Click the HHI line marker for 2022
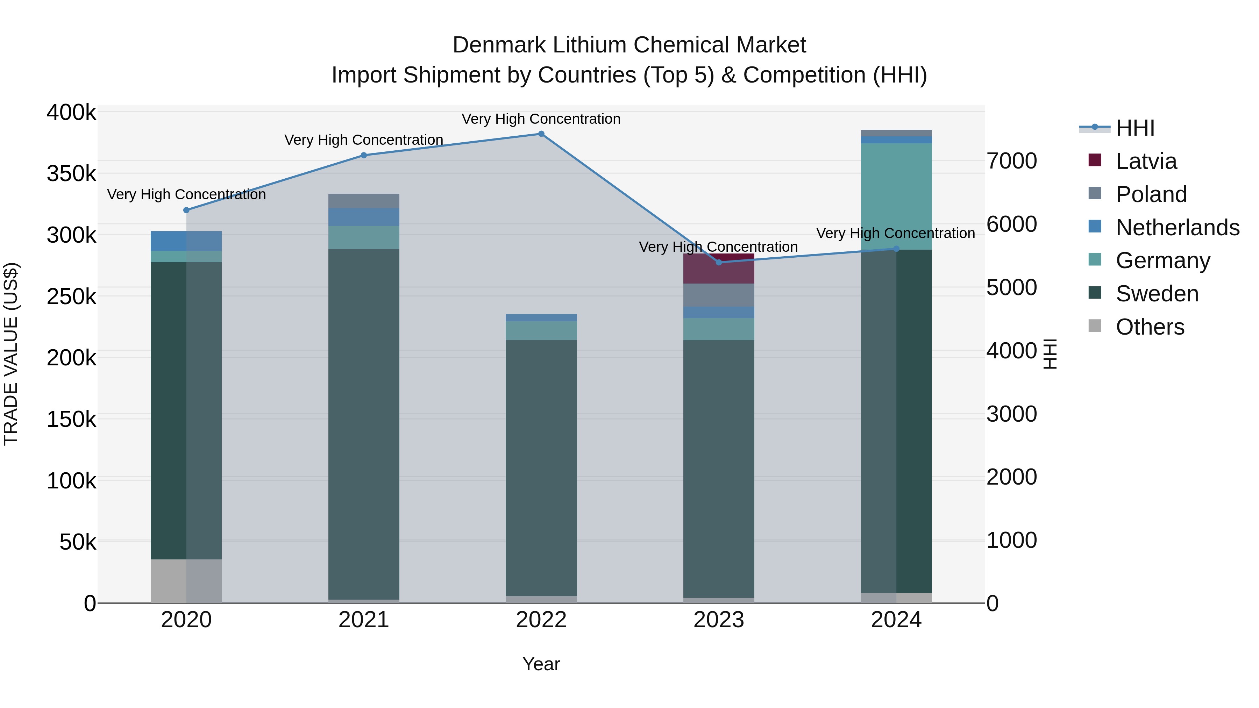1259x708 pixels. (541, 134)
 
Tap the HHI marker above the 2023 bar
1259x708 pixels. (718, 262)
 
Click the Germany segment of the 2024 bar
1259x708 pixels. (896, 195)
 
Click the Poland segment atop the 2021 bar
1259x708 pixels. (364, 201)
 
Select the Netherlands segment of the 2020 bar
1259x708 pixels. (186, 241)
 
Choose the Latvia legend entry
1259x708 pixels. (1146, 161)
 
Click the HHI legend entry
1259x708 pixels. (1135, 128)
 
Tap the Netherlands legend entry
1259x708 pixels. (1177, 228)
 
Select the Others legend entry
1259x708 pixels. (1150, 327)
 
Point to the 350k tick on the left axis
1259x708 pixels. (71, 173)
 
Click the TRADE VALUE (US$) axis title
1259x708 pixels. (11, 354)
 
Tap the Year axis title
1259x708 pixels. (541, 664)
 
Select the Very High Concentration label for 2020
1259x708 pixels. (186, 194)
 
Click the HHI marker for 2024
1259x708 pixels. (896, 249)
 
